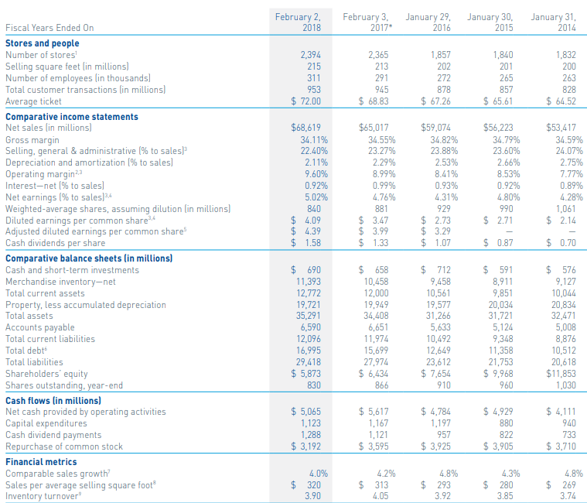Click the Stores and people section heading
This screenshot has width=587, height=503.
pyautogui.click(x=43, y=43)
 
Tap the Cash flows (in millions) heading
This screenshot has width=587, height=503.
pyautogui.click(x=53, y=400)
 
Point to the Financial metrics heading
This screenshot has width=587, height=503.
pyautogui.click(x=41, y=461)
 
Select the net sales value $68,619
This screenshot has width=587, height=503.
pyautogui.click(x=306, y=128)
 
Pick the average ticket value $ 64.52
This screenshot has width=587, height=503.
pyautogui.click(x=561, y=101)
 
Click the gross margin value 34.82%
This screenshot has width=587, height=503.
pyautogui.click(x=434, y=139)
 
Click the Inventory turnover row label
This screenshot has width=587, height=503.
pyautogui.click(x=43, y=495)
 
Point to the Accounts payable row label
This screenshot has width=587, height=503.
pyautogui.click(x=39, y=327)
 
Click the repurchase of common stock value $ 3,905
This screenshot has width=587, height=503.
pyautogui.click(x=498, y=446)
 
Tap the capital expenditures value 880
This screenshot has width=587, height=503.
pyautogui.click(x=506, y=423)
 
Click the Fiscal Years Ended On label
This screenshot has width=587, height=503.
pyautogui.click(x=49, y=28)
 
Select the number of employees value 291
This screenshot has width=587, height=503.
pyautogui.click(x=378, y=78)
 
